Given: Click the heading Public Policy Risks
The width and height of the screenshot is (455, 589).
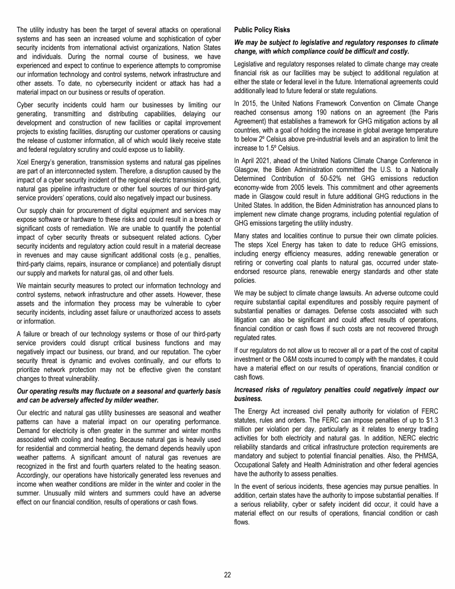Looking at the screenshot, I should coord(259,28).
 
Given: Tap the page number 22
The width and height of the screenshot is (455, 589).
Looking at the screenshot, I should coord(227,574).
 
